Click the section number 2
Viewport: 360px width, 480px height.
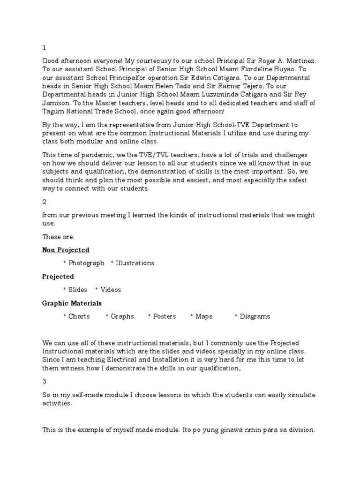click(x=44, y=202)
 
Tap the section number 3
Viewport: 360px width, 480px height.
click(x=44, y=382)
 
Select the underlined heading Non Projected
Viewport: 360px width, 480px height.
click(x=66, y=250)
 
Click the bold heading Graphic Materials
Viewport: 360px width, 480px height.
click(x=72, y=303)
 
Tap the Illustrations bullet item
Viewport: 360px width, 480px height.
click(x=135, y=263)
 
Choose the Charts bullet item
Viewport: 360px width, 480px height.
click(x=79, y=316)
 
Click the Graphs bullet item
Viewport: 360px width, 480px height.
click(x=122, y=316)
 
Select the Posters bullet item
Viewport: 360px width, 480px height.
click(x=164, y=316)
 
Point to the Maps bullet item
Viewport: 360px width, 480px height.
click(x=204, y=316)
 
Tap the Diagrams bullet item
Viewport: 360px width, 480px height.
click(x=255, y=316)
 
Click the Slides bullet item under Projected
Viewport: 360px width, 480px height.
click(x=78, y=290)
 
